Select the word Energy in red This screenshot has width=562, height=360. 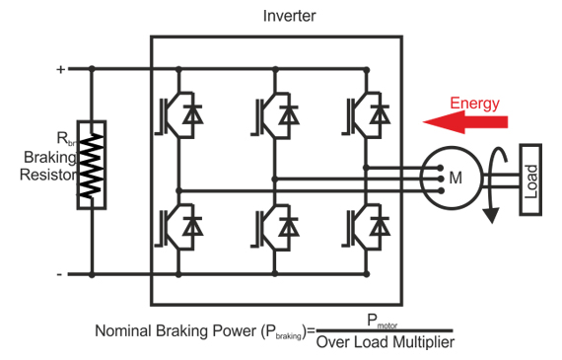click(x=475, y=103)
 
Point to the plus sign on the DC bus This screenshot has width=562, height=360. click(x=60, y=69)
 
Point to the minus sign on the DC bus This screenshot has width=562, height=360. click(x=60, y=274)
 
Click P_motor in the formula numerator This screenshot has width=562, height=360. click(x=386, y=320)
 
